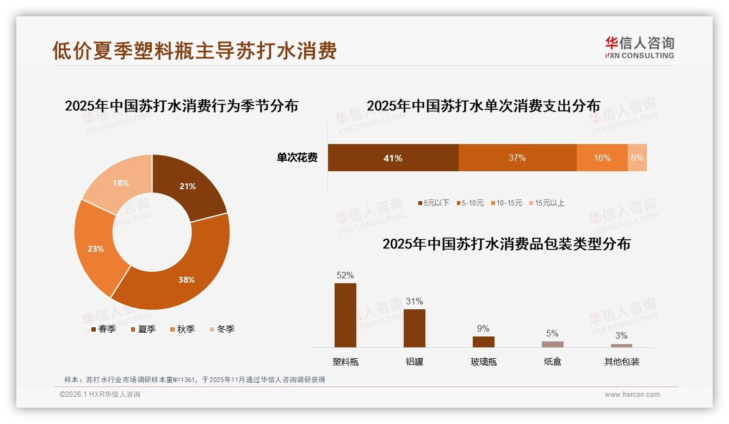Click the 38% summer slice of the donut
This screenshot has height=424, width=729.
tap(185, 272)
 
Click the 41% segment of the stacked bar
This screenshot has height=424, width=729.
tap(393, 158)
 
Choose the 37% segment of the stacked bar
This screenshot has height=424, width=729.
tap(517, 158)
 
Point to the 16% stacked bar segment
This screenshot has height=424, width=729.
tap(602, 158)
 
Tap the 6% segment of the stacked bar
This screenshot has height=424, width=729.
tap(637, 158)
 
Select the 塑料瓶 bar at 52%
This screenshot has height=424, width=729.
tap(345, 315)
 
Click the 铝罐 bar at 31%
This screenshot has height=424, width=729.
tap(415, 328)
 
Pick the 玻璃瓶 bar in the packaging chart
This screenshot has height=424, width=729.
tap(484, 342)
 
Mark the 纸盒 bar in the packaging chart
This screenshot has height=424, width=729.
tap(553, 344)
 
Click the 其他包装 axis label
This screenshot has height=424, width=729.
tap(622, 361)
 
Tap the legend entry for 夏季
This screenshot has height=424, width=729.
tap(144, 329)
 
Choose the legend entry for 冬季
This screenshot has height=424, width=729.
tap(222, 329)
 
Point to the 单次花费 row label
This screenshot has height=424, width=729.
tap(297, 158)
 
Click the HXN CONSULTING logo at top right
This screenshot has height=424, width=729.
tap(640, 47)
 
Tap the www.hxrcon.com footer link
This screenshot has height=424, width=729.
tap(632, 395)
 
